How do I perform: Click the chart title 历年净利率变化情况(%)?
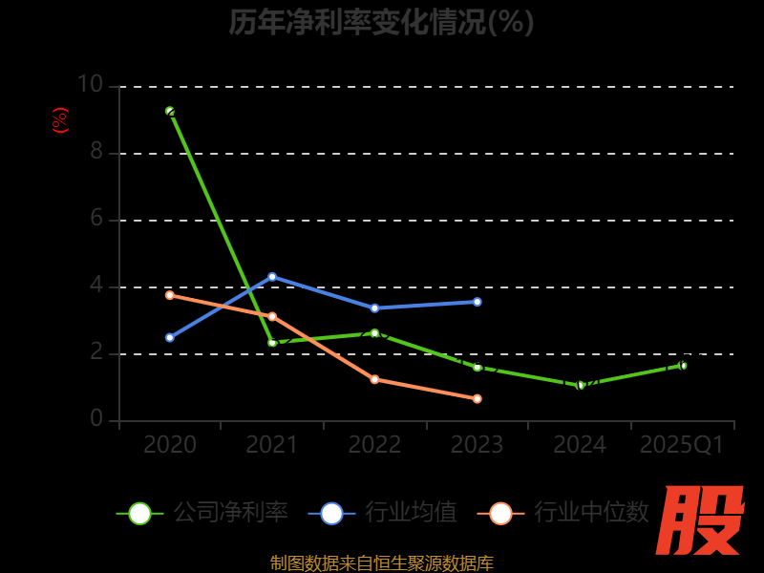(x=381, y=22)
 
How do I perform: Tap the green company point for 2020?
(x=170, y=112)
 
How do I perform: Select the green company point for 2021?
(x=272, y=342)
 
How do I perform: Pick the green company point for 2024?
(x=580, y=385)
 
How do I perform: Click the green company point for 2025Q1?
(x=683, y=365)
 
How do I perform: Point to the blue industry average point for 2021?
(x=272, y=277)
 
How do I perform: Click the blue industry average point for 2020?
(x=170, y=337)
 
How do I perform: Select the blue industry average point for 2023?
(x=477, y=302)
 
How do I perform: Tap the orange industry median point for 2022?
(x=374, y=379)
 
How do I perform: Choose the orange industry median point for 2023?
(x=477, y=398)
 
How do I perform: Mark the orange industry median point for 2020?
(x=170, y=295)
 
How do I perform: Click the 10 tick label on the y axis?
(x=89, y=85)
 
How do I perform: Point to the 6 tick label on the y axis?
(x=95, y=219)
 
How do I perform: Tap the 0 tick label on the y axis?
(x=95, y=419)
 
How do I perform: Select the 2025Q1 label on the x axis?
(x=682, y=445)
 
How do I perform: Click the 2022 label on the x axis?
(x=374, y=445)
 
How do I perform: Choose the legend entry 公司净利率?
(x=202, y=513)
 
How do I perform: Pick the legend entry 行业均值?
(x=383, y=513)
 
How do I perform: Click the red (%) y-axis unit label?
(x=59, y=120)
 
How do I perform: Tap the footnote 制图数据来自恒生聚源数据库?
(x=381, y=562)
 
